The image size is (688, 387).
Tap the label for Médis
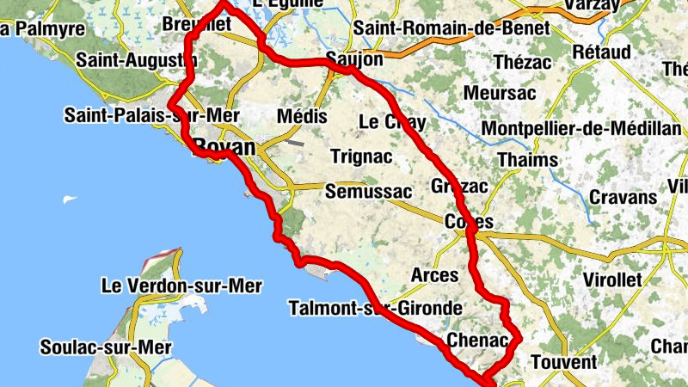[x=302, y=116]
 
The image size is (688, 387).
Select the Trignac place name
[x=361, y=157]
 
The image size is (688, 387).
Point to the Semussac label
[x=368, y=192]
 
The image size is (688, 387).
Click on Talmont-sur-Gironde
[x=376, y=308]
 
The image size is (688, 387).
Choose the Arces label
[x=435, y=275]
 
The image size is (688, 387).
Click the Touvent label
[x=563, y=362]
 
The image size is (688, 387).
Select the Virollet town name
[x=613, y=279]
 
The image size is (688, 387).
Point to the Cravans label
[x=623, y=197]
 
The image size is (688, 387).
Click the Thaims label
[x=528, y=160]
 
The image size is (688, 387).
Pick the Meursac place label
[x=500, y=92]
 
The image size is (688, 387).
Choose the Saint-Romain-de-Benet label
[x=451, y=28]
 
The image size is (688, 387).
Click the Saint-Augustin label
[x=136, y=60]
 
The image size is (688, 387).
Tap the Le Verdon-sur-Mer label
[x=181, y=285]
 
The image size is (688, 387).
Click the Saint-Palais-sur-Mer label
[x=151, y=115]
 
